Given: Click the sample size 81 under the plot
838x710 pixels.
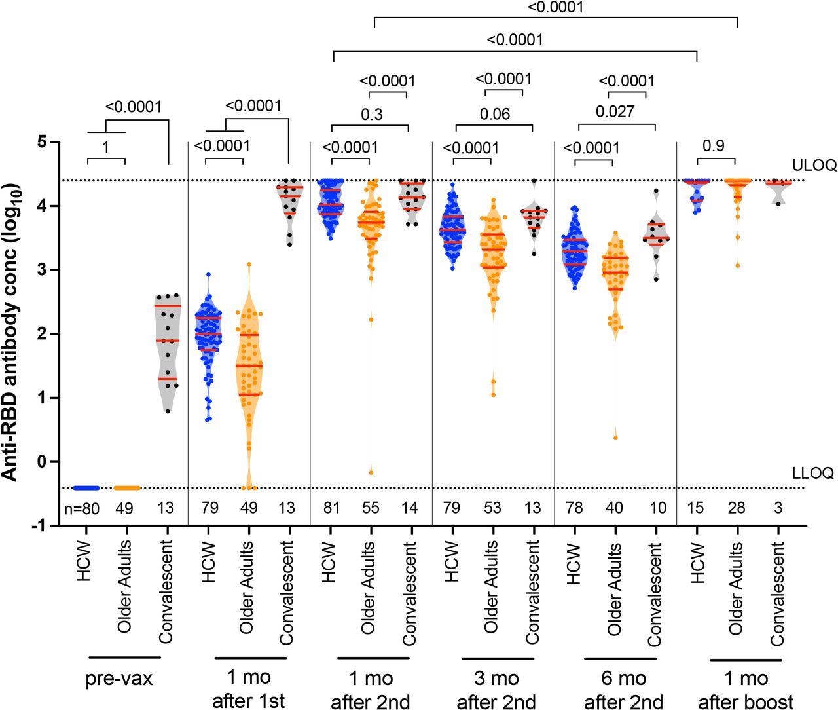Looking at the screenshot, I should (x=331, y=508).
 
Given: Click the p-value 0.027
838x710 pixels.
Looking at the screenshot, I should (x=615, y=112).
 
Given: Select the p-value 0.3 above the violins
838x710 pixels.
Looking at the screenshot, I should (x=372, y=114).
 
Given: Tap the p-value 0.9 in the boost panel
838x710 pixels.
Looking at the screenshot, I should (x=714, y=146).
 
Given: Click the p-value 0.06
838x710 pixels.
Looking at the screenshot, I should (x=494, y=114).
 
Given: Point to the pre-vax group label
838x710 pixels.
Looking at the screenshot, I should (x=119, y=679).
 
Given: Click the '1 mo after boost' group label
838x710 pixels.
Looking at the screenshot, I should (x=746, y=690).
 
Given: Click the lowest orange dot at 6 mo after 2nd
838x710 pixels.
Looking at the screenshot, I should (x=615, y=438).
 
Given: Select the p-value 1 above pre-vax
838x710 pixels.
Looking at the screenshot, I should (x=105, y=147).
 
